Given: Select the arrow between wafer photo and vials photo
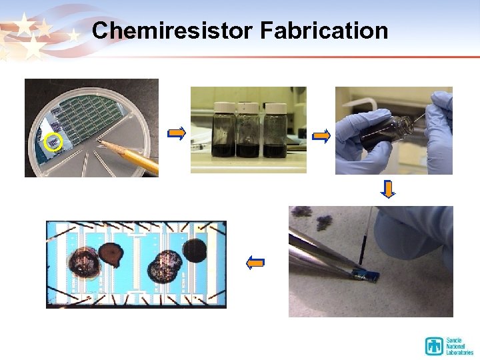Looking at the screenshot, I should [177, 135].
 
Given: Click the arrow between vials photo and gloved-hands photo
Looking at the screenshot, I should [321, 137].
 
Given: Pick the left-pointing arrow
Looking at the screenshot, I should [255, 263].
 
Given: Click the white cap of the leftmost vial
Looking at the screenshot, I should [221, 107].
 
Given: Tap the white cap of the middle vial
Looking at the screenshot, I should [248, 107].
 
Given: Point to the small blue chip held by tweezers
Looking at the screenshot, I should [367, 274].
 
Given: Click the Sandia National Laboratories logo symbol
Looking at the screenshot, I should [435, 346].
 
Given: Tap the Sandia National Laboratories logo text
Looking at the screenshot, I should [459, 346].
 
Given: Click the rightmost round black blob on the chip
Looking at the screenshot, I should [195, 251].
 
